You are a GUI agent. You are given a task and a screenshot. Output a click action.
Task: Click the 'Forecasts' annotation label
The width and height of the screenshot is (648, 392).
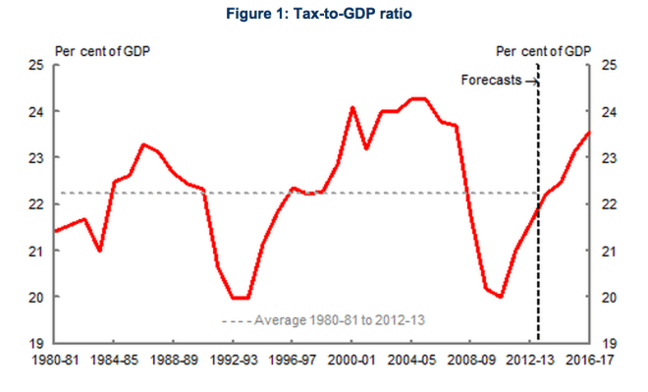click(491, 80)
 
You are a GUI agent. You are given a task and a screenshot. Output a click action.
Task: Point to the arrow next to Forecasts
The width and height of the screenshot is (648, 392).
click(530, 81)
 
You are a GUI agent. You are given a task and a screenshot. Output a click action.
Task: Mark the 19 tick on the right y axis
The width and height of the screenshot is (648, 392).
click(607, 343)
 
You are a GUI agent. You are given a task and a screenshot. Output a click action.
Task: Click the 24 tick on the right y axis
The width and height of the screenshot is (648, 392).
click(607, 112)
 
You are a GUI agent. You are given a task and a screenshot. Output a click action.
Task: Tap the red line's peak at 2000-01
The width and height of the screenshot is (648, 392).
click(352, 107)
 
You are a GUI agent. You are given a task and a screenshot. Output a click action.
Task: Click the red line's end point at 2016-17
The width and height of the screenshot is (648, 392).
click(588, 133)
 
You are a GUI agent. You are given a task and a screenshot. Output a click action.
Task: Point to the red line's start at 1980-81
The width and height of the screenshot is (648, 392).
click(57, 231)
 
